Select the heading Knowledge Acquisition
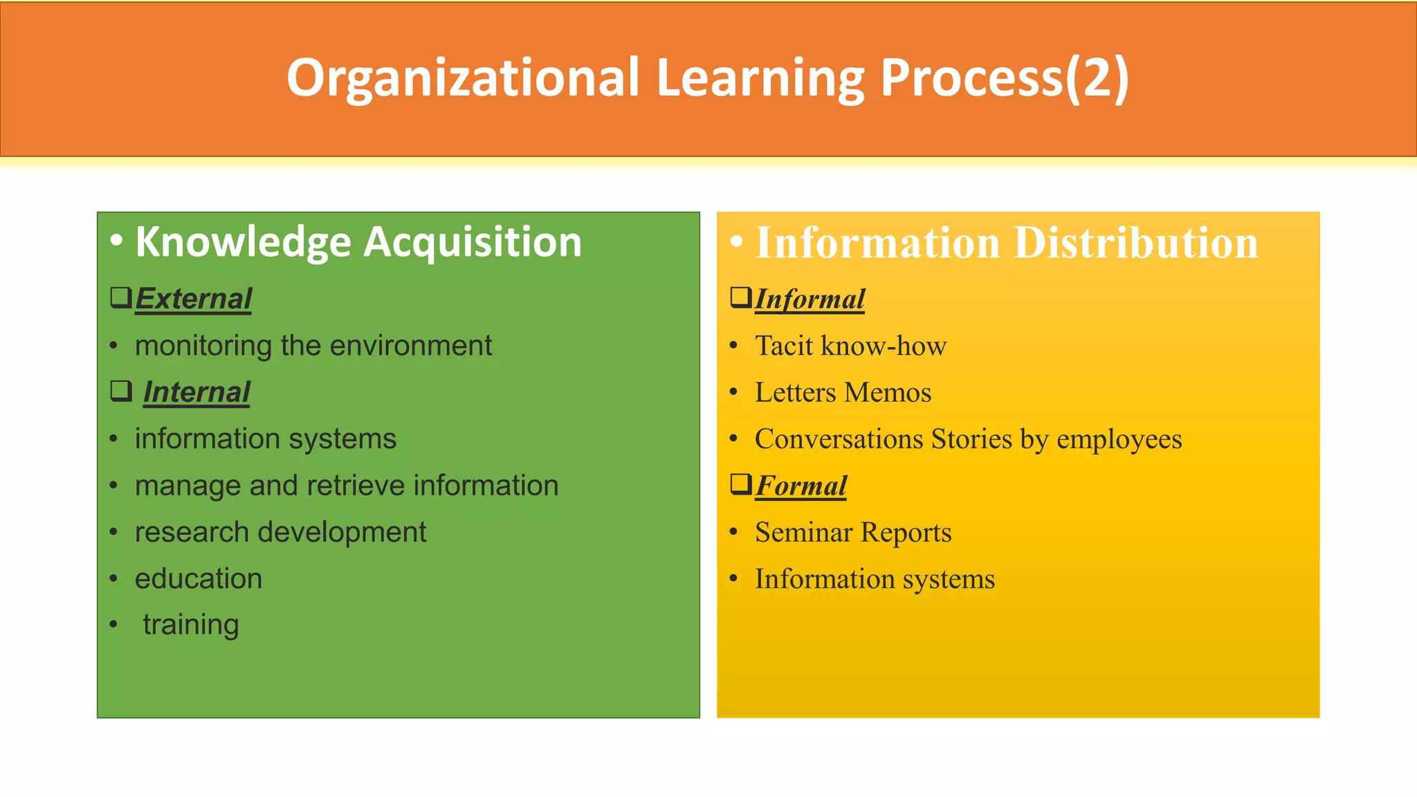[358, 242]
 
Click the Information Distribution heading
[1007, 243]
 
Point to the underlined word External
[193, 299]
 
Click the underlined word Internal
[196, 392]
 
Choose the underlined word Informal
[810, 300]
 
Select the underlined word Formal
[801, 486]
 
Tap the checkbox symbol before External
[121, 297]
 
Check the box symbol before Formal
[741, 484]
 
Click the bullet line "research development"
[280, 532]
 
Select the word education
[199, 578]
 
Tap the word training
[191, 625]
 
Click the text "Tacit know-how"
[850, 345]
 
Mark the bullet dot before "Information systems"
[734, 578]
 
